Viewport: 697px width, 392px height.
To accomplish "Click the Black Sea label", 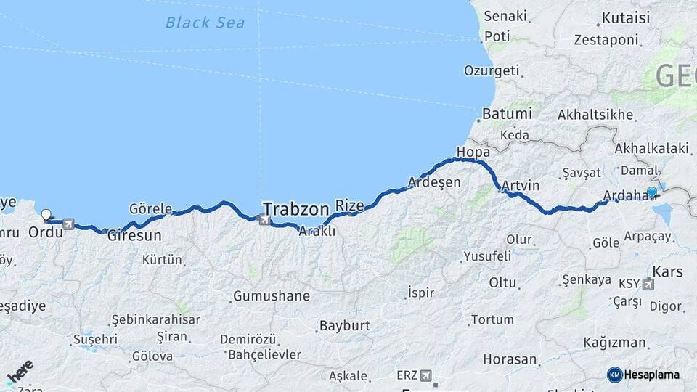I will click(205, 23).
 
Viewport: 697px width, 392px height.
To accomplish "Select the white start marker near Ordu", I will click(47, 214).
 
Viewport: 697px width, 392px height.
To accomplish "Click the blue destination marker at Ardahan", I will click(651, 192).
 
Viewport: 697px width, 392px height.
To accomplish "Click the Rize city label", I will click(349, 206).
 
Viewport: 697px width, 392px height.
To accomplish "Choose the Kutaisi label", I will click(626, 16).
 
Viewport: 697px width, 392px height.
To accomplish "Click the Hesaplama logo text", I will click(651, 375).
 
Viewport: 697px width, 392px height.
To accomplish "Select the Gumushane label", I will click(271, 296).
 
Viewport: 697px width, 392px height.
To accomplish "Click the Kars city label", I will click(668, 272).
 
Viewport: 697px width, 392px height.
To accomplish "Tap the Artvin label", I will click(521, 186).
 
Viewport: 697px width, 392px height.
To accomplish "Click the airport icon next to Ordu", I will click(68, 224).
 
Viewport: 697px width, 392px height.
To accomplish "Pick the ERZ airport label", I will click(408, 375).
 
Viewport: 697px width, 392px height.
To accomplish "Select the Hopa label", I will click(473, 152).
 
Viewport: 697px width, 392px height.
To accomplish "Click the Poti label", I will click(497, 36).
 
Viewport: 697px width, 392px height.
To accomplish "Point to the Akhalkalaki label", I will click(651, 148).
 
